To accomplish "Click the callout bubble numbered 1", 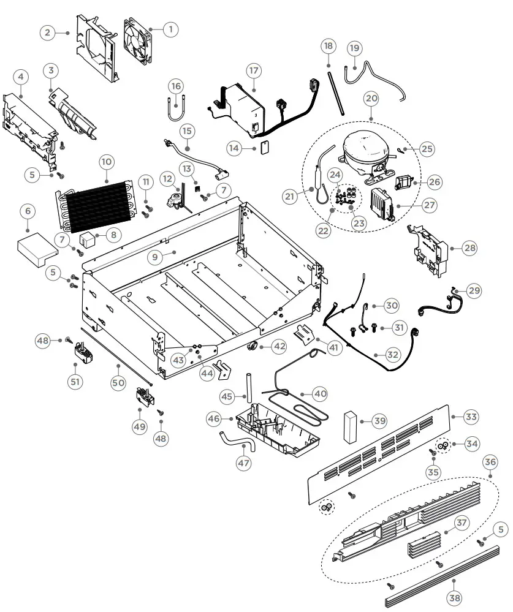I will (x=170, y=28).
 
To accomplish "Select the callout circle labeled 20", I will (x=371, y=97).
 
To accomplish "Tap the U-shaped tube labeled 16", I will (x=175, y=110).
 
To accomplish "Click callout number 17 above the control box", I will (x=254, y=70).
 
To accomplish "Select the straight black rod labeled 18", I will (x=336, y=86).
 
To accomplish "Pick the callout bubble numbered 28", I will (x=470, y=247).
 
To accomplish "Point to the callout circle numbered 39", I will (x=380, y=421).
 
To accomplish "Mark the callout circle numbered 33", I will (x=471, y=417).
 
